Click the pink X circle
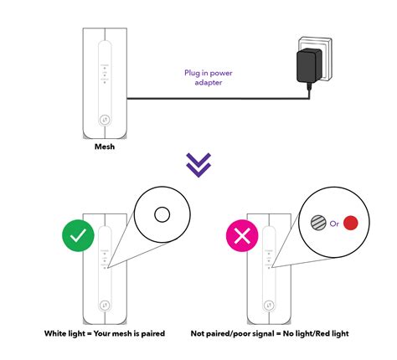244,237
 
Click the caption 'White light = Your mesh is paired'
105,333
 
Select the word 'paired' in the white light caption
152,333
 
